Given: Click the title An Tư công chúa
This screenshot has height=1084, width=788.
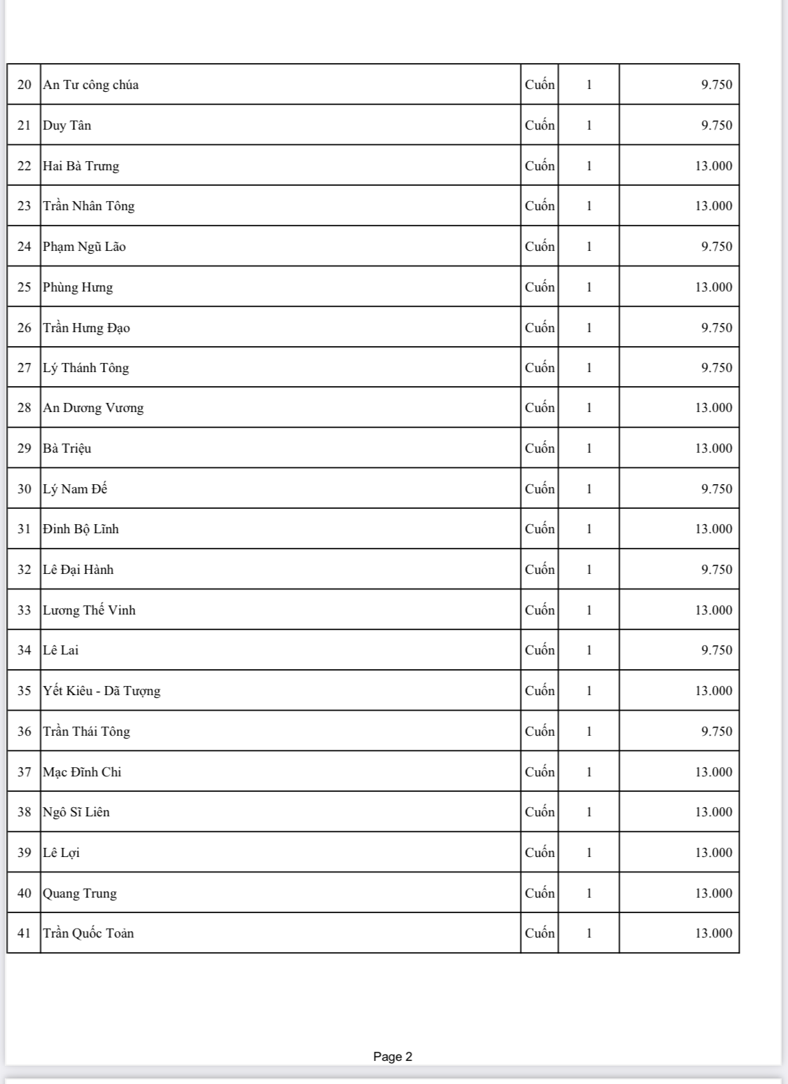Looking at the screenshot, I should pyautogui.click(x=91, y=85).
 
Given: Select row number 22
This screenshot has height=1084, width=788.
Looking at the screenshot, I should pyautogui.click(x=25, y=166).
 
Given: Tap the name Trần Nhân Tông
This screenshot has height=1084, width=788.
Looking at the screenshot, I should pyautogui.click(x=88, y=206).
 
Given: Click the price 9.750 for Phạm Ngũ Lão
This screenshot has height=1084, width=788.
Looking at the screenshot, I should pyautogui.click(x=717, y=247).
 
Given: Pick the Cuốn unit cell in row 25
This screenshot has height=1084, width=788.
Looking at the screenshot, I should pyautogui.click(x=539, y=287).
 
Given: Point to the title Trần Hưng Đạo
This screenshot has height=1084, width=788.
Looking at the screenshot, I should pyautogui.click(x=86, y=328).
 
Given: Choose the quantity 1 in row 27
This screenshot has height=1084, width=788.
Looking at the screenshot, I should pyautogui.click(x=589, y=368).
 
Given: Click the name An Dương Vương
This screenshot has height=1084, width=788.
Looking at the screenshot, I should pyautogui.click(x=93, y=408).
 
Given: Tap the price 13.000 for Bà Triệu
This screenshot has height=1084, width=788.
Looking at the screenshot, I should pyautogui.click(x=713, y=448).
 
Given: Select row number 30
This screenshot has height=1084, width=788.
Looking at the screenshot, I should pyautogui.click(x=25, y=489).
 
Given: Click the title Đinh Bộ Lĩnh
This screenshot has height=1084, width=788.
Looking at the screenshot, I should pyautogui.click(x=81, y=529).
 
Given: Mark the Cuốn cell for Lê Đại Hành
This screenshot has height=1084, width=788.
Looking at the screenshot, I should pyautogui.click(x=539, y=570).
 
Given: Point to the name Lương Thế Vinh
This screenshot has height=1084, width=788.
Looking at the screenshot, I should pyautogui.click(x=89, y=610).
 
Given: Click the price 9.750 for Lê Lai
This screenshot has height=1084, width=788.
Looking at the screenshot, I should pyautogui.click(x=717, y=650).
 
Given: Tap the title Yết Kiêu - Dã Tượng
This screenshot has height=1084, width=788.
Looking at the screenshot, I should pyautogui.click(x=102, y=691).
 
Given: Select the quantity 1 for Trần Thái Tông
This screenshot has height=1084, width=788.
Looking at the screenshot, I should pyautogui.click(x=589, y=732).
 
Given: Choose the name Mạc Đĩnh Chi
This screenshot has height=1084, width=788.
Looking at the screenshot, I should pyautogui.click(x=82, y=772).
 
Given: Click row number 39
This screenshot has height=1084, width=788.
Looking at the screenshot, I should pyautogui.click(x=25, y=853).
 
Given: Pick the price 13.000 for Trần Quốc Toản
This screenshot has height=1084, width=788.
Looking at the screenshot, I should pyautogui.click(x=713, y=933).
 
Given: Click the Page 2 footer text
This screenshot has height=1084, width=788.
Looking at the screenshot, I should pyautogui.click(x=393, y=1057).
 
